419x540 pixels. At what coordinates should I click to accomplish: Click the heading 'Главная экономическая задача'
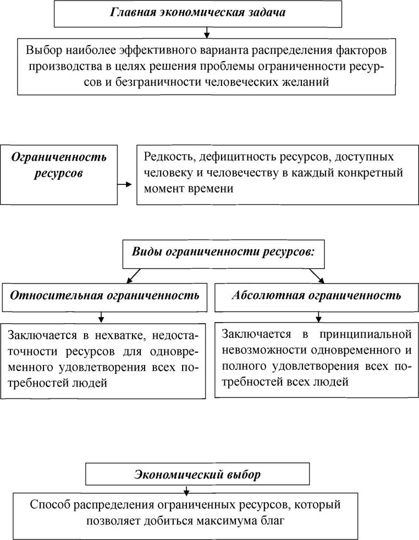click(198, 13)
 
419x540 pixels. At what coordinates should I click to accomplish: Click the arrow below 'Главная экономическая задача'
click(206, 32)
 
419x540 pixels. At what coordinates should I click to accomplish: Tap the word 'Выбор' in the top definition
click(43, 51)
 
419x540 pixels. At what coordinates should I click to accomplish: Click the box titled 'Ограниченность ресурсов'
click(59, 174)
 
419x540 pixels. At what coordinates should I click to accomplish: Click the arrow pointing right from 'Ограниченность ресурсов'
click(125, 184)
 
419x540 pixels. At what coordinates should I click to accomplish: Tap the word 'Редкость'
click(168, 157)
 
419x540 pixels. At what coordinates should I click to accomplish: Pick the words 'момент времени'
click(189, 189)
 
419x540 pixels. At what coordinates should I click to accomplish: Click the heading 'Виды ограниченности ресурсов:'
click(224, 252)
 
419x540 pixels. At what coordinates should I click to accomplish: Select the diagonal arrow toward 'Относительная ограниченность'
click(134, 276)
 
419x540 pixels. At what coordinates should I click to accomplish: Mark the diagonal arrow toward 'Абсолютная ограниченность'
click(317, 276)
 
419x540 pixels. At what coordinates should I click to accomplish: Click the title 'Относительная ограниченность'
click(104, 296)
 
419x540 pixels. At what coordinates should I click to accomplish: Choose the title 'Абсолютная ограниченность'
click(317, 296)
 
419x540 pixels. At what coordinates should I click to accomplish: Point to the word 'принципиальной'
click(365, 335)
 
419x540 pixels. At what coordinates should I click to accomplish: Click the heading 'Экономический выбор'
click(197, 475)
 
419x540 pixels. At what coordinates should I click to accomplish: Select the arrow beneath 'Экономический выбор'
click(186, 490)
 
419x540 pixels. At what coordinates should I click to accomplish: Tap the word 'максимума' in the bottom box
click(228, 521)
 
